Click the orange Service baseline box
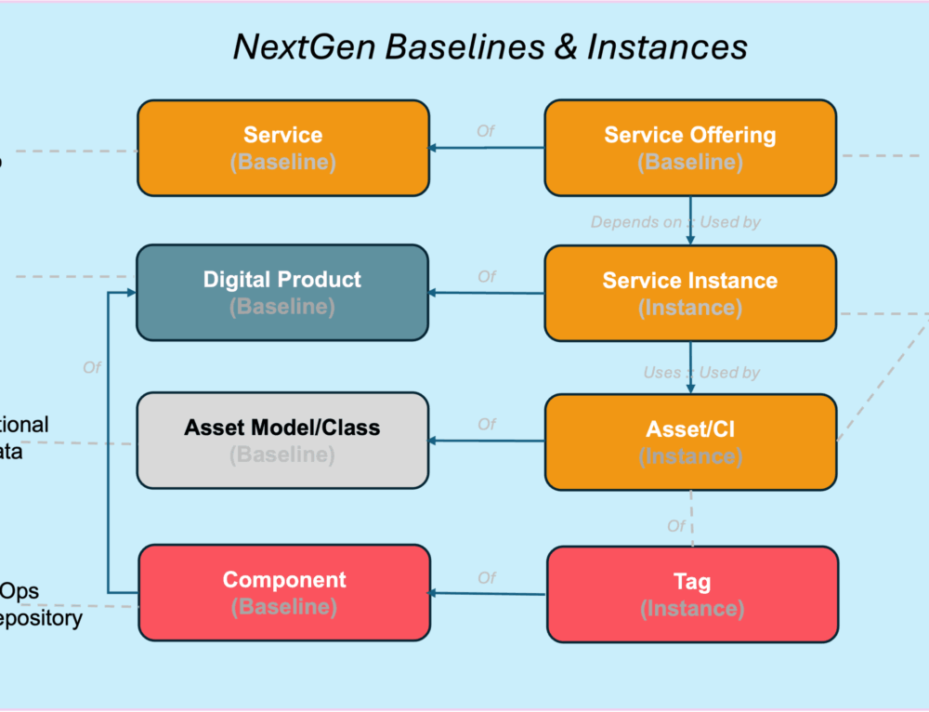pos(283,148)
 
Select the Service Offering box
pos(689,148)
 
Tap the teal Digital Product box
pos(282,292)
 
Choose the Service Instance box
pos(689,293)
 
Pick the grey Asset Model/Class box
pos(282,440)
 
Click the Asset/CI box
pos(690,442)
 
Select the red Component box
pos(284,592)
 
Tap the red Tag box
pos(692,594)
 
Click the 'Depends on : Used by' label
pos(675,222)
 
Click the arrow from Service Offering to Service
pos(487,147)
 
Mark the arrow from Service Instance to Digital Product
pos(487,293)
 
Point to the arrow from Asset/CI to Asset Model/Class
pos(487,441)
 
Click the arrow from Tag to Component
pos(488,593)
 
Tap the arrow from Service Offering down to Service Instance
pos(690,220)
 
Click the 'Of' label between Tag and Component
pos(487,578)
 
